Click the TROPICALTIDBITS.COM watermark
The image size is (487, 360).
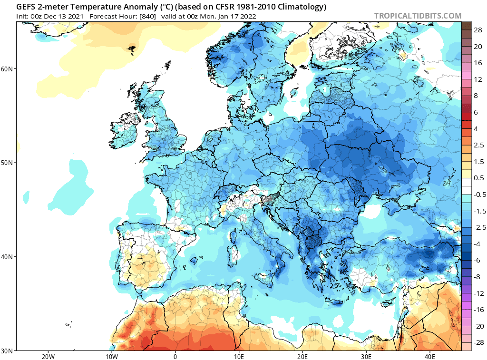coord(418,16)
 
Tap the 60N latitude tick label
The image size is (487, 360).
coord(7,69)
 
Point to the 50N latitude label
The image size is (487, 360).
coord(7,163)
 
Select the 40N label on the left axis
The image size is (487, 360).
coord(7,257)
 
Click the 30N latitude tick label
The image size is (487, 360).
coord(7,351)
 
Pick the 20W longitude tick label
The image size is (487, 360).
coord(48,356)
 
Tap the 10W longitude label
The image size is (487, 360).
coord(111,356)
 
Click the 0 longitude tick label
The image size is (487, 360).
coord(175,356)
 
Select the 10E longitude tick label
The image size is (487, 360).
coord(239,356)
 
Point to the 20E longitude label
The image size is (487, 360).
coord(302,356)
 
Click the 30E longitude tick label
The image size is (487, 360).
coord(366,356)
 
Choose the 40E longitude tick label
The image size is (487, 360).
coord(430,356)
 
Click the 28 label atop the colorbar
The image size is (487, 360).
coord(477,30)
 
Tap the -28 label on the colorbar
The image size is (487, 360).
coord(478,342)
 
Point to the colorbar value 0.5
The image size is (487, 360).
coord(479,178)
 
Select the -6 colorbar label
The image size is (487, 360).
coord(477,260)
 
